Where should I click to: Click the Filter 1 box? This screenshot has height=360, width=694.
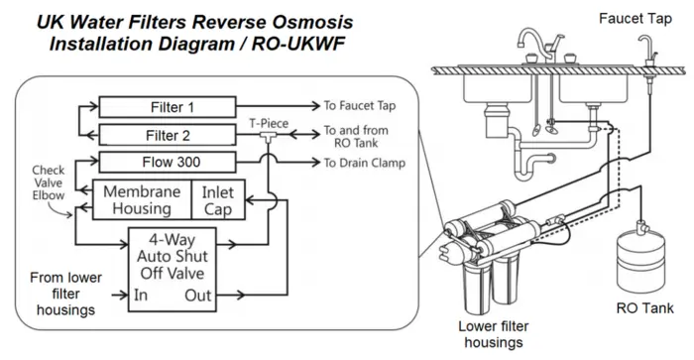click(168, 107)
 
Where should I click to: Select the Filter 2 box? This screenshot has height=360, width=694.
click(168, 135)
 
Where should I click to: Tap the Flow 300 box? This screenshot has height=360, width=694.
click(168, 162)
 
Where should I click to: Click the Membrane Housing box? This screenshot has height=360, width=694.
click(142, 199)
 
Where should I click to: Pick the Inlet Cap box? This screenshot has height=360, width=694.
click(218, 199)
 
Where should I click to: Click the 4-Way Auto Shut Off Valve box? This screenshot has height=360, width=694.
click(173, 270)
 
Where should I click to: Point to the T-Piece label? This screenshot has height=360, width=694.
click(269, 123)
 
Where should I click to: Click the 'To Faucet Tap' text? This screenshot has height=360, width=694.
click(359, 106)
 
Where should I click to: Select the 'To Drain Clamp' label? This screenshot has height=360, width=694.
click(364, 163)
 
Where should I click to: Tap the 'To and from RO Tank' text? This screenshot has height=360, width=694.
click(356, 137)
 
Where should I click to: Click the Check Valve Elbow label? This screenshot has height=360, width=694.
click(49, 182)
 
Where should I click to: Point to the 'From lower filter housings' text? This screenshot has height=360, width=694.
click(66, 294)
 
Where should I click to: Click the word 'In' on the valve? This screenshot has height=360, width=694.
click(141, 295)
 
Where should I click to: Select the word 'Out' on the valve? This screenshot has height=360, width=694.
click(198, 296)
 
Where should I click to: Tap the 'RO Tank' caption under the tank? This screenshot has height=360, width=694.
click(644, 308)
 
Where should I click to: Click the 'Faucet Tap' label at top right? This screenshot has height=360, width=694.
click(636, 19)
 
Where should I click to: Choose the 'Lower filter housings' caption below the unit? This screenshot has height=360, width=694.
click(494, 334)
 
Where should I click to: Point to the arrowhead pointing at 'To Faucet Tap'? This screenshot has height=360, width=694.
click(315, 106)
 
